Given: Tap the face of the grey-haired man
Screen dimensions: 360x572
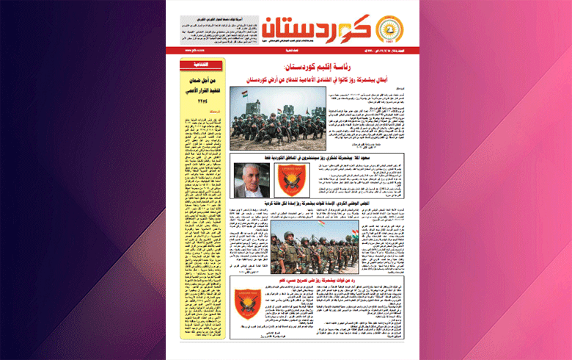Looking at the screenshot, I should [x=249, y=177].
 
